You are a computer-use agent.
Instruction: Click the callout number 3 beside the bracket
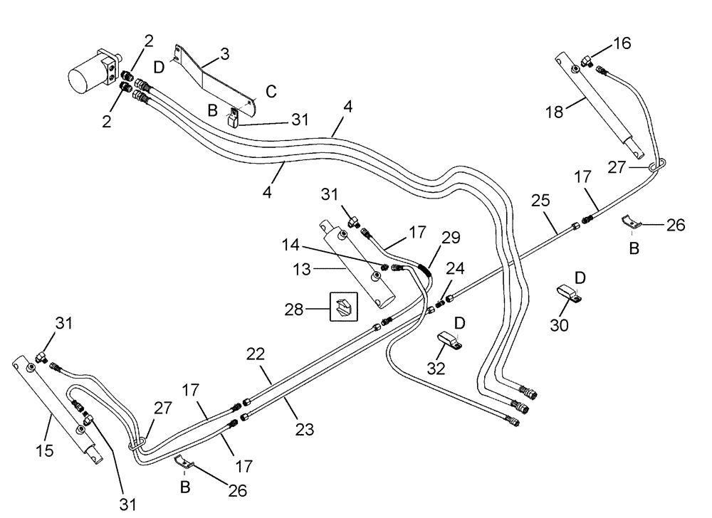click(x=225, y=53)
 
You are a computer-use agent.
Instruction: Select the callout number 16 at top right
click(x=622, y=44)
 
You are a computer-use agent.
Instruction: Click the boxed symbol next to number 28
click(x=343, y=307)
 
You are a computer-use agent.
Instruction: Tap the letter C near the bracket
click(x=271, y=91)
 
